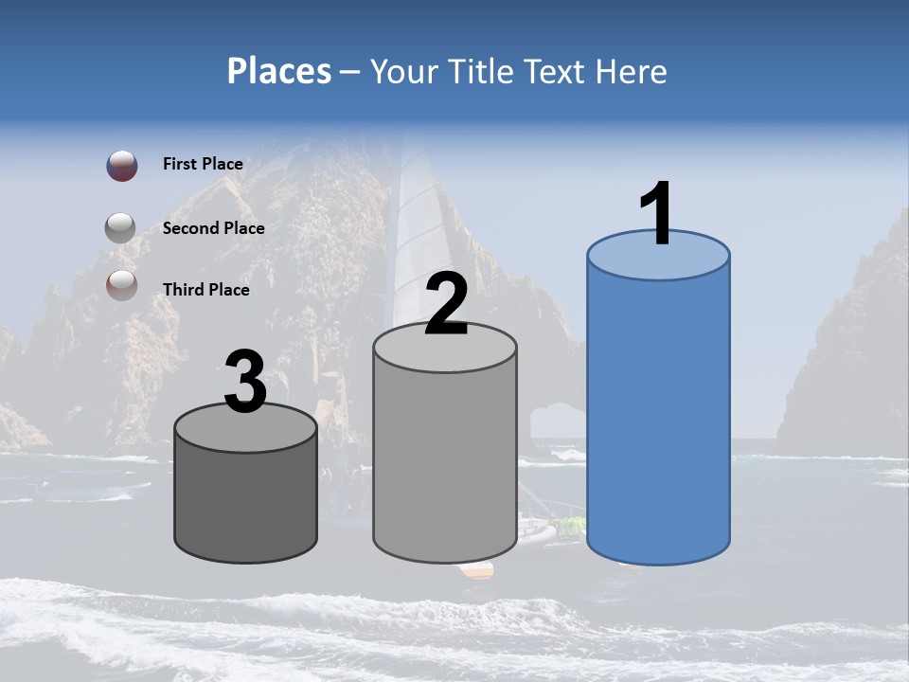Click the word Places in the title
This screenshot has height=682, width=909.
(x=279, y=71)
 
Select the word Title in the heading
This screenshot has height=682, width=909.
(x=482, y=71)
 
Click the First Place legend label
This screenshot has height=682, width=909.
(x=203, y=164)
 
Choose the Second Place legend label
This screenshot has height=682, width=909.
(x=213, y=228)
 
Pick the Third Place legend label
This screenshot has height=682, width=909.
(x=205, y=290)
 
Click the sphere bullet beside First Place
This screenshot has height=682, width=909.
(x=122, y=166)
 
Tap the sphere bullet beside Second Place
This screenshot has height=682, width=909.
(x=121, y=228)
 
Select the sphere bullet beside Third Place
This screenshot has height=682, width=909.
(x=121, y=284)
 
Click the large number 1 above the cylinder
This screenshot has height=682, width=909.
(x=656, y=214)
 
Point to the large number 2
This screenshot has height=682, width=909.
(x=446, y=303)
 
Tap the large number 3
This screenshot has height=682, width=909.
(x=245, y=383)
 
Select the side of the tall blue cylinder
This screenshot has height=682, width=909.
(x=658, y=417)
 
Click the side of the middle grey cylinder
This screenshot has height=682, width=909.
(x=445, y=464)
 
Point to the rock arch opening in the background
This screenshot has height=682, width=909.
(x=556, y=421)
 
